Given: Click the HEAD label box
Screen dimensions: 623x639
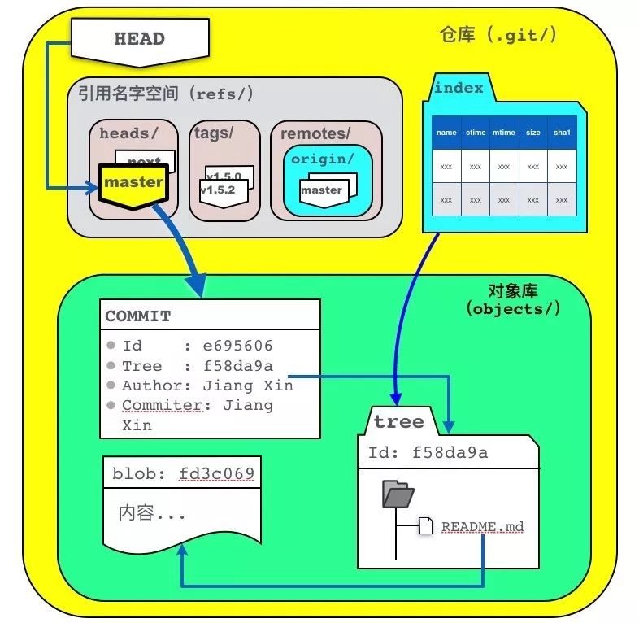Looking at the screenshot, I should coord(139,39).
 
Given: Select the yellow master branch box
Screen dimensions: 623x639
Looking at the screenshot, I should coord(133,183).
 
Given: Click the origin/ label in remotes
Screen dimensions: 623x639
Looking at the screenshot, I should coord(323,159).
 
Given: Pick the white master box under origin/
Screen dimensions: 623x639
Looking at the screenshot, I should coord(321,190).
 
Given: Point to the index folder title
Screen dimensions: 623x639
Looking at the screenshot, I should coord(459,89).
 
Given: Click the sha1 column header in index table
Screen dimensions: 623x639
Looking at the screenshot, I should coord(562,133).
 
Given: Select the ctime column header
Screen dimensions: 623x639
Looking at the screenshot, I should coord(475,133).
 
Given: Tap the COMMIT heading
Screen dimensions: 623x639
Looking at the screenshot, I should coord(137,316).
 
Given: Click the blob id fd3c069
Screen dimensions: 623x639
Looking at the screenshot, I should coord(217,473).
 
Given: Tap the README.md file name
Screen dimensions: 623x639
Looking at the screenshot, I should coord(483,527).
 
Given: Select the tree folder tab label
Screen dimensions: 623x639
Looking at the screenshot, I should coord(398,421).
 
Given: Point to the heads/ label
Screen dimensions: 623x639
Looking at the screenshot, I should coord(124,133).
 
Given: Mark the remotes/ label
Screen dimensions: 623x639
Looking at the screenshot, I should coord(315,133).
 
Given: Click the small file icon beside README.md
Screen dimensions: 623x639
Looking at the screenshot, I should coord(425,526).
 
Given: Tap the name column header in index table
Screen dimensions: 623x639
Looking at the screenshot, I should coord(446,133).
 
